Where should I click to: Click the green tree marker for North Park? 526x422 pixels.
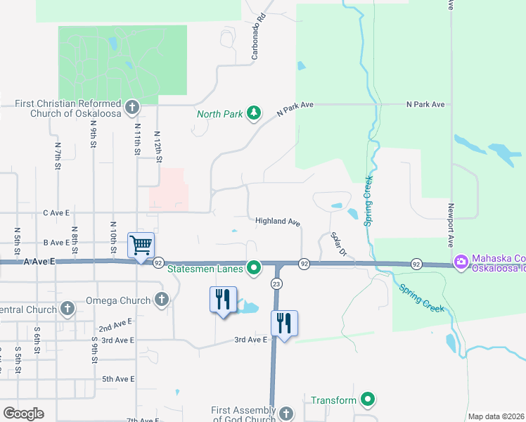254,113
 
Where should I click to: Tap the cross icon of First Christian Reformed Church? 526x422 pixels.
131,108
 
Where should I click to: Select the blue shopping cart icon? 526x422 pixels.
141,245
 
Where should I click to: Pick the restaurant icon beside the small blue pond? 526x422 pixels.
223,299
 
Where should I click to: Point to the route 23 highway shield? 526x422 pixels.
276,283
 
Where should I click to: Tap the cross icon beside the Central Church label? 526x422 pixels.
68,309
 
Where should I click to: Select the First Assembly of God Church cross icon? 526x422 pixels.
286,414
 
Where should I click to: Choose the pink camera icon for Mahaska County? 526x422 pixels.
461,262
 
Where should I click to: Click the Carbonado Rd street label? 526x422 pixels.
259,35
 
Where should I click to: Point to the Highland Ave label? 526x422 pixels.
278,221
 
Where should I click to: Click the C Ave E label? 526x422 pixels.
57,212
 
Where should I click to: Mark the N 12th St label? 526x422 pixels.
158,148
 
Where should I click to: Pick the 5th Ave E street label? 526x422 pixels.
118,379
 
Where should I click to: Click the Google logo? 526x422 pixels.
23,414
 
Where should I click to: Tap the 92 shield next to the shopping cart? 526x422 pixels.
158,262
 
